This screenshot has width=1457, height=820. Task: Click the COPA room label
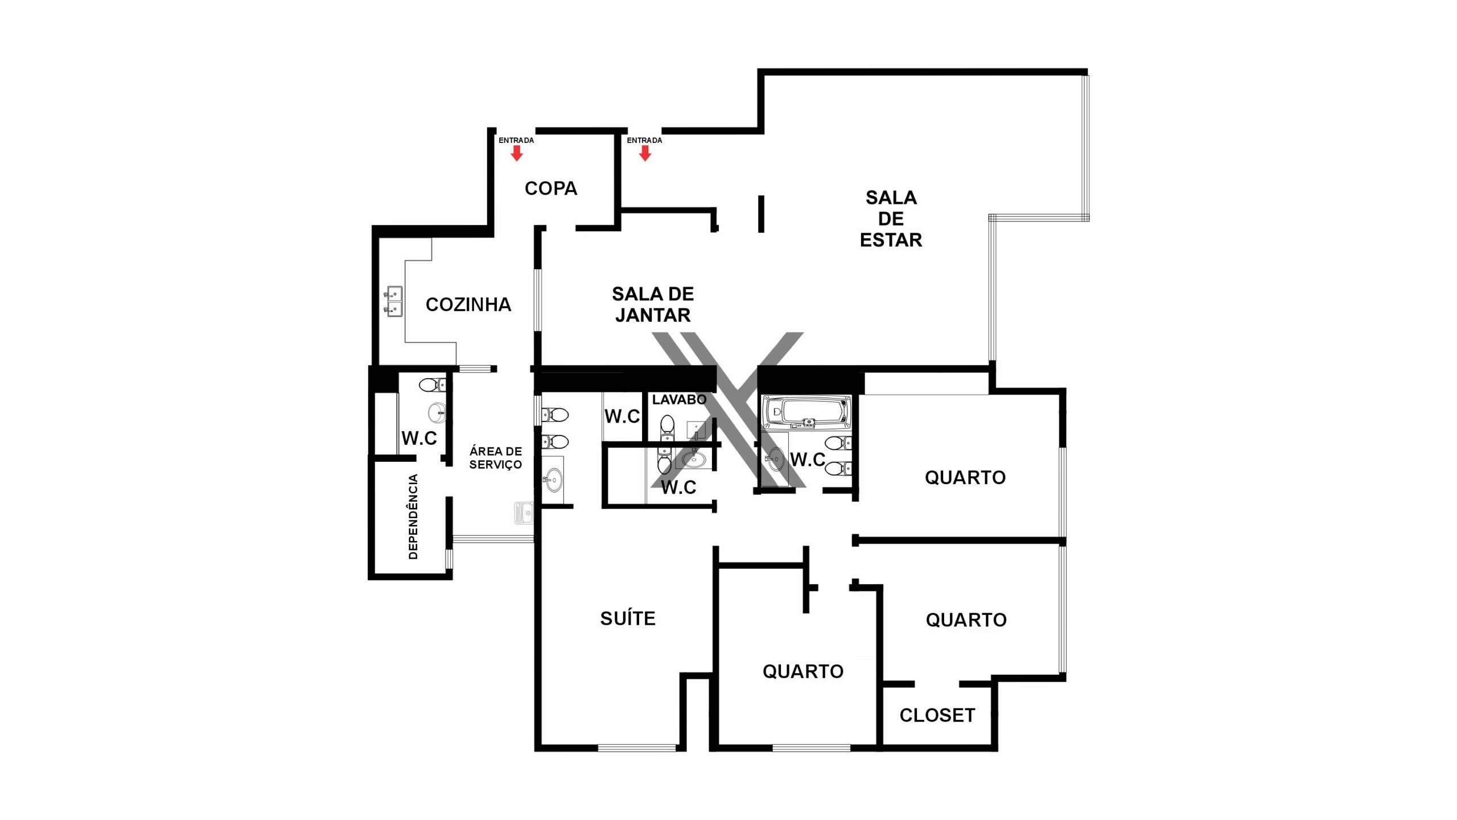pyautogui.click(x=551, y=188)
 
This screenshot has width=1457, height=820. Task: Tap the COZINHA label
pyautogui.click(x=468, y=305)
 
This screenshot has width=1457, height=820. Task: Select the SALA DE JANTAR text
pyautogui.click(x=653, y=304)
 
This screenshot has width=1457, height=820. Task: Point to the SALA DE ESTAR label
pyautogui.click(x=891, y=219)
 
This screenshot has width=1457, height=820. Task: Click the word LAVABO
pyautogui.click(x=679, y=400)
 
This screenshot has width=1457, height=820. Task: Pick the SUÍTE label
pyautogui.click(x=628, y=618)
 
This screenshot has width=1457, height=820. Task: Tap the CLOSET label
pyautogui.click(x=937, y=715)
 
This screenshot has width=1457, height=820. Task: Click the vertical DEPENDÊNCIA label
pyautogui.click(x=413, y=516)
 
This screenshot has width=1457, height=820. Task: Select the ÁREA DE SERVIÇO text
pyautogui.click(x=496, y=458)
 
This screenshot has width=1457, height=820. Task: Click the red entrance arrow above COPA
pyautogui.click(x=517, y=153)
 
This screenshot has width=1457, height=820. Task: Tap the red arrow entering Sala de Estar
pyautogui.click(x=645, y=153)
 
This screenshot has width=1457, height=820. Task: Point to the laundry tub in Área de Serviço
pyautogui.click(x=524, y=513)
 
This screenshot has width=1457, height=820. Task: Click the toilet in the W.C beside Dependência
pyautogui.click(x=432, y=386)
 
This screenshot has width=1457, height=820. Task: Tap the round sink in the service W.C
pyautogui.click(x=437, y=413)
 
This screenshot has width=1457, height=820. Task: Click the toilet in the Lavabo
pyautogui.click(x=667, y=428)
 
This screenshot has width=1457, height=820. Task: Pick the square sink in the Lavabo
pyautogui.click(x=696, y=430)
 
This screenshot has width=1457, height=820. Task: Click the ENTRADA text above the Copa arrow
pyautogui.click(x=516, y=140)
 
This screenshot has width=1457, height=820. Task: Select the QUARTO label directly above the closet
pyautogui.click(x=966, y=620)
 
